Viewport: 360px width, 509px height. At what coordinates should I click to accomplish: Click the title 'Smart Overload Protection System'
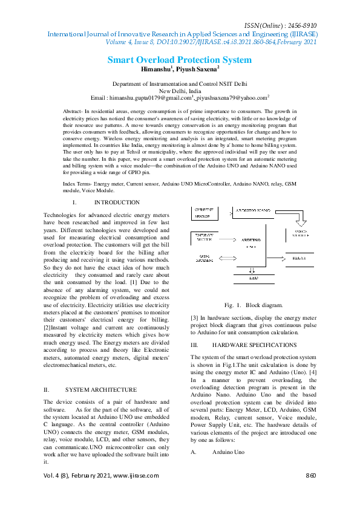(179, 60)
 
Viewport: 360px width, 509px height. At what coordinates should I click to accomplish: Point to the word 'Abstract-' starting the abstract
(73, 112)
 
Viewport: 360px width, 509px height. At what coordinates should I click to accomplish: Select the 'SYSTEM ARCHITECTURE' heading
(100, 390)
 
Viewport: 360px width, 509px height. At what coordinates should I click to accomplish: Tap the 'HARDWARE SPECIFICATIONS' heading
(246, 345)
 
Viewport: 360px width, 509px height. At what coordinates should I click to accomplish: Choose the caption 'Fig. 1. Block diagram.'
(249, 306)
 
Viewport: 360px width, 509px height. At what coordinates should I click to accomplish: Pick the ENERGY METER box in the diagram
(205, 237)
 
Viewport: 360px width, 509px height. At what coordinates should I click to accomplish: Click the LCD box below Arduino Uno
(254, 279)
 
